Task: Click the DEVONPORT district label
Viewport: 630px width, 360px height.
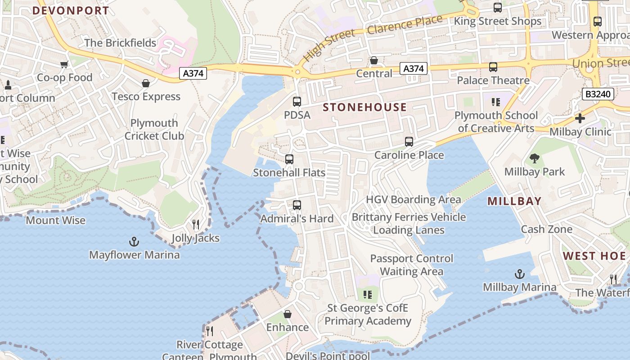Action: (x=71, y=10)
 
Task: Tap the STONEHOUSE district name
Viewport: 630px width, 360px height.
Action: (x=365, y=107)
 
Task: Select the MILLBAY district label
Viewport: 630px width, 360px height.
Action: (x=514, y=201)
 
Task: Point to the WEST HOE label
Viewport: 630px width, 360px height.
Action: (x=594, y=256)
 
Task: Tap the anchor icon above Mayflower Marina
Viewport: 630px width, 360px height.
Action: (x=134, y=242)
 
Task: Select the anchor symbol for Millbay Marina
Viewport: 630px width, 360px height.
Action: (x=520, y=274)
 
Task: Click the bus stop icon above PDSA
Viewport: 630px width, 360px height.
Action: (x=297, y=102)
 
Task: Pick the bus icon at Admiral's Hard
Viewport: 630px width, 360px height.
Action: (x=297, y=205)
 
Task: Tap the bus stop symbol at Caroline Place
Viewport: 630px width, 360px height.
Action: (x=409, y=142)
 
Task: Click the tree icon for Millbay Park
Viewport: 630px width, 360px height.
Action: (x=535, y=158)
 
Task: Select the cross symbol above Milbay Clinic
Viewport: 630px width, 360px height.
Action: (x=580, y=118)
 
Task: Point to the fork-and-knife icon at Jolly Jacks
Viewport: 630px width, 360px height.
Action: (x=196, y=225)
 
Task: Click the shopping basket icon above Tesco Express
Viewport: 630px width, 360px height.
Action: (x=146, y=83)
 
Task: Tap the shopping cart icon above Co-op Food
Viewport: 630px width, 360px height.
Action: (x=64, y=64)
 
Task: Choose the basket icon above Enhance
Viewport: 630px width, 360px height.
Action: (x=288, y=314)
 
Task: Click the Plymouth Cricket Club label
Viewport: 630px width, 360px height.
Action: (x=154, y=129)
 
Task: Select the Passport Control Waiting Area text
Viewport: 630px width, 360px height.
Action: (x=412, y=265)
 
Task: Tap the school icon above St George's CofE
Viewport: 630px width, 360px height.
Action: (x=368, y=295)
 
